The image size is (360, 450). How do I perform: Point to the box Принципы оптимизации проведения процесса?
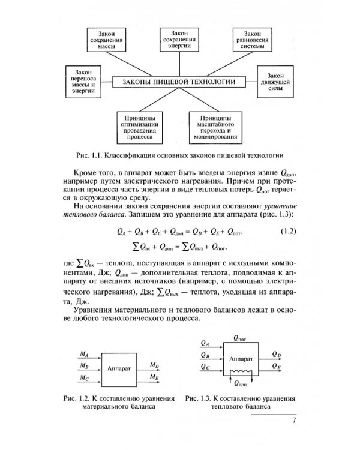(x=140, y=124)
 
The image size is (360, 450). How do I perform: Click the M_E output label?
(x=154, y=377)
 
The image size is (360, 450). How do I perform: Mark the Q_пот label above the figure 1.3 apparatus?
(x=240, y=338)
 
